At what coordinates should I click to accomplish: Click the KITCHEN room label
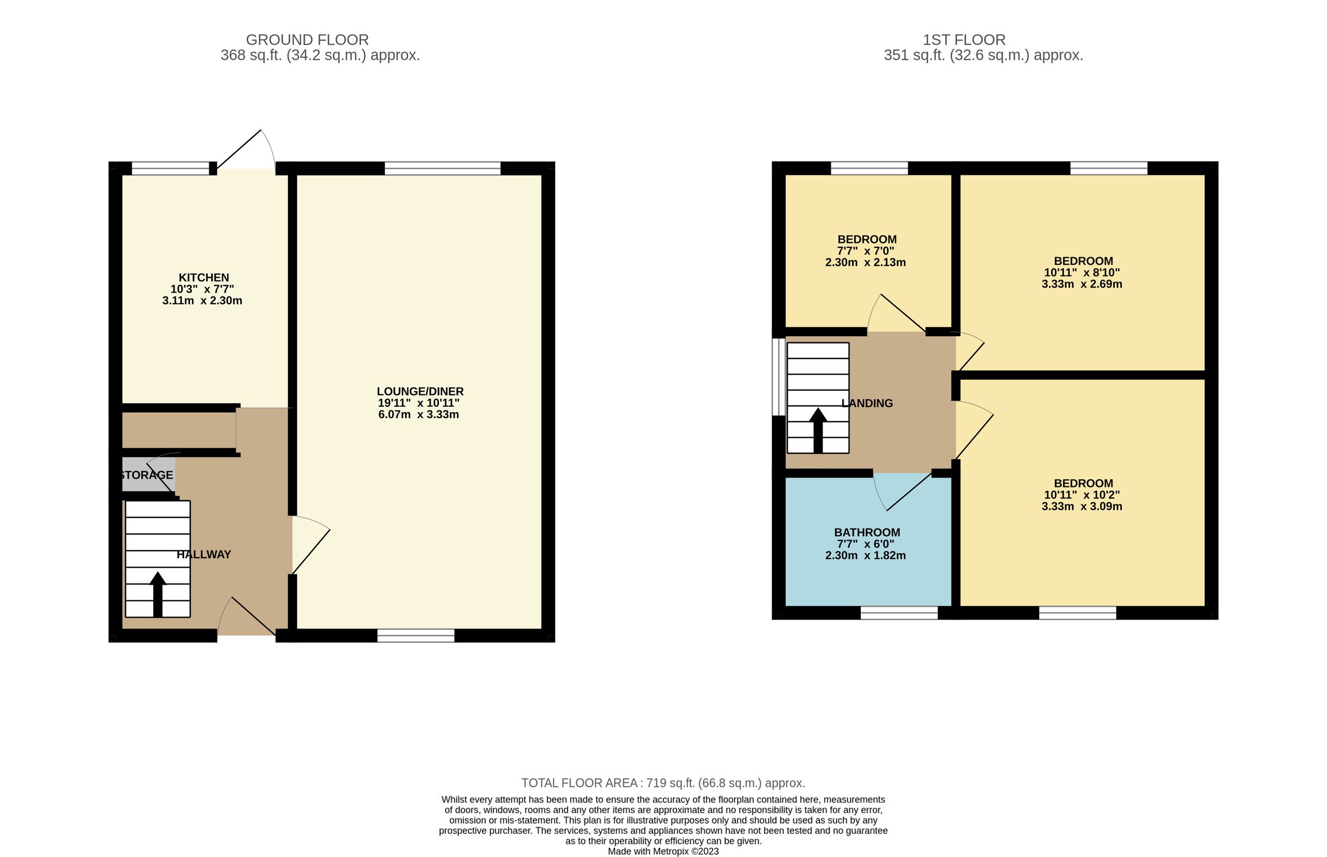203,277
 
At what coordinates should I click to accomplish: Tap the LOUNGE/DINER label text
420,391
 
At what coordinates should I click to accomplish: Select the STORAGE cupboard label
147,475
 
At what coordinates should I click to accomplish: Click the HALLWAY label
203,554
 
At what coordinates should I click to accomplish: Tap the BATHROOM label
866,532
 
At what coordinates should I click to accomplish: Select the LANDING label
866,403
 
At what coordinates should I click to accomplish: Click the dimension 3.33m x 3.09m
1081,506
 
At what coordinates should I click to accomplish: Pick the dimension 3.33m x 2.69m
1081,284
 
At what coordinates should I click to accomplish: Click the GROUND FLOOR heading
307,40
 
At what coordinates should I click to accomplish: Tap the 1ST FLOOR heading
964,40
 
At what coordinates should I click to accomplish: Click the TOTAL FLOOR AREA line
663,783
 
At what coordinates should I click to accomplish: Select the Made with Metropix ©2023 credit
663,851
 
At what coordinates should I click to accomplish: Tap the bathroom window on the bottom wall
898,612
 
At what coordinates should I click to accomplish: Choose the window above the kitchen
170,168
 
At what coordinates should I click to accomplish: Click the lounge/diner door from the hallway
309,546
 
